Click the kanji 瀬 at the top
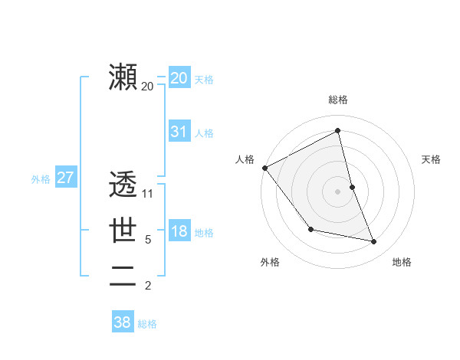tap(123, 77)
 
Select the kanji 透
tap(123, 185)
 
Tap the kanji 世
tap(123, 230)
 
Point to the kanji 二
tap(123, 274)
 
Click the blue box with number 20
tap(179, 78)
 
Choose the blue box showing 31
tap(179, 132)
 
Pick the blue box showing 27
tap(65, 178)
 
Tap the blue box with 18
tap(179, 231)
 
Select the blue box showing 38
tap(122, 322)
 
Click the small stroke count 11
tap(148, 194)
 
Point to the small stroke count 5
tap(148, 240)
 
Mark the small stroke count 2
tap(148, 286)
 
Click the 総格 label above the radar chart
tap(338, 100)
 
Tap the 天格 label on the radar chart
tap(432, 159)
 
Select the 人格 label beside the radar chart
tap(245, 159)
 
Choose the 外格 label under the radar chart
tap(270, 262)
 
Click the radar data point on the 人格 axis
tap(264, 168)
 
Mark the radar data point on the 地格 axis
tap(374, 241)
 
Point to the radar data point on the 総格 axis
tap(338, 131)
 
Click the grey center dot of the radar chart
tap(338, 191)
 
